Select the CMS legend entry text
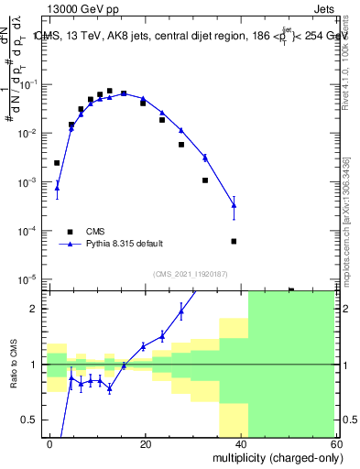(x=96, y=231)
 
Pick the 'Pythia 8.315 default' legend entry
(x=125, y=244)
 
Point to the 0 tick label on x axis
(x=49, y=443)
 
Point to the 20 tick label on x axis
(x=145, y=443)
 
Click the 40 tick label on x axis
(x=241, y=443)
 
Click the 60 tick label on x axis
(x=335, y=443)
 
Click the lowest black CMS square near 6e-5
(x=234, y=241)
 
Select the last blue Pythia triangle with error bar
(x=234, y=205)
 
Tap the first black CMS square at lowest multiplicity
(x=57, y=163)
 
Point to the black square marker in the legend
(x=69, y=231)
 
